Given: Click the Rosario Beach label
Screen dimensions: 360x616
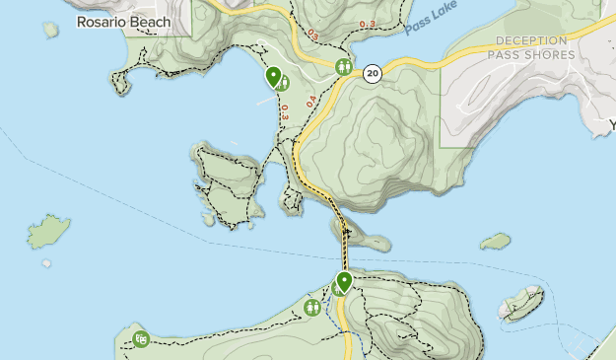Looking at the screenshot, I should [123, 22].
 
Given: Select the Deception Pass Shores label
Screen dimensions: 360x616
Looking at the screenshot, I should [534, 47].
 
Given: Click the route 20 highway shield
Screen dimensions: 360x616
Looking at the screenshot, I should [372, 73].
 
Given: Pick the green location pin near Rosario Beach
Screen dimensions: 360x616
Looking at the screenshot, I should [273, 78].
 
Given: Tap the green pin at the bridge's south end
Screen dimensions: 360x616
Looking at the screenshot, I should [344, 283].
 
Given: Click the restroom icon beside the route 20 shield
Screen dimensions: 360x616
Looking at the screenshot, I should [344, 67].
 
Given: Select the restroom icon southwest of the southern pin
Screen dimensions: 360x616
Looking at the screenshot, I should [313, 307].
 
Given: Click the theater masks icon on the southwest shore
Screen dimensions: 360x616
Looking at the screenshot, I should [141, 339].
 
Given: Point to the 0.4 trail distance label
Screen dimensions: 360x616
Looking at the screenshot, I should [310, 101].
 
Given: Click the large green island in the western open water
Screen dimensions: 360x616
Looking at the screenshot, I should [48, 232].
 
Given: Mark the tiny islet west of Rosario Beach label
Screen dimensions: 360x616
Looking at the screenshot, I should [50, 30].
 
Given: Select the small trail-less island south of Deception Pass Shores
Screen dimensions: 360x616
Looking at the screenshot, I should [495, 241].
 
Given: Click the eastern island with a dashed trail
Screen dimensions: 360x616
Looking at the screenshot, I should [520, 303].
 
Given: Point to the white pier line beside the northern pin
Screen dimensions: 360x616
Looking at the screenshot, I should [264, 100].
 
